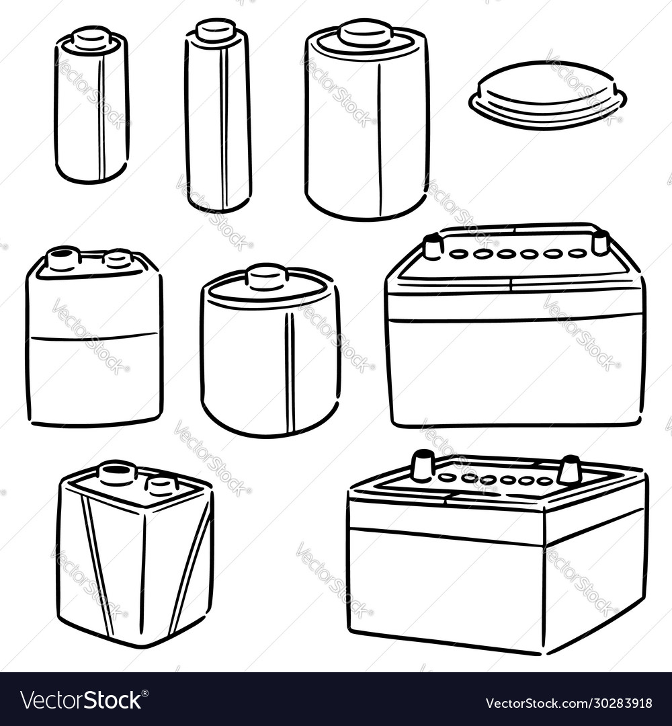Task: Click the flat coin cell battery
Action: pyautogui.click(x=548, y=94)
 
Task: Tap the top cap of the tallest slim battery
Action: pyautogui.click(x=216, y=30)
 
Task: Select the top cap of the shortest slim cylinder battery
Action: pyautogui.click(x=92, y=38)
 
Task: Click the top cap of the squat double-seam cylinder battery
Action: pyautogui.click(x=267, y=276)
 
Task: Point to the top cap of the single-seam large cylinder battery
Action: pyautogui.click(x=365, y=33)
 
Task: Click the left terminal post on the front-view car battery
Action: pyautogui.click(x=432, y=247)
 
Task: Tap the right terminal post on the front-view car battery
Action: pyautogui.click(x=600, y=242)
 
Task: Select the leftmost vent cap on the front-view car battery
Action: pyautogui.click(x=459, y=254)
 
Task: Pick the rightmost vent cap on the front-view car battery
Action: pyautogui.click(x=577, y=253)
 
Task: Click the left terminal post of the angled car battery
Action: pyautogui.click(x=423, y=466)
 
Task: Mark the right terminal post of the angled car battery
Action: pyautogui.click(x=569, y=470)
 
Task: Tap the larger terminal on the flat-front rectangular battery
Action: pyautogui.click(x=63, y=258)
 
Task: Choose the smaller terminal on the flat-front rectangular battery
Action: pyautogui.click(x=118, y=258)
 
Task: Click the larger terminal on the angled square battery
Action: pyautogui.click(x=117, y=473)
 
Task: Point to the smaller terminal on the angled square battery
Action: pyautogui.click(x=162, y=484)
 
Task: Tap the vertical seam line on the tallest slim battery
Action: pyautogui.click(x=224, y=128)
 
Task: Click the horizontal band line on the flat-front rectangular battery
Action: pyautogui.click(x=94, y=336)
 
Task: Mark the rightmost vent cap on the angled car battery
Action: pyautogui.click(x=544, y=481)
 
